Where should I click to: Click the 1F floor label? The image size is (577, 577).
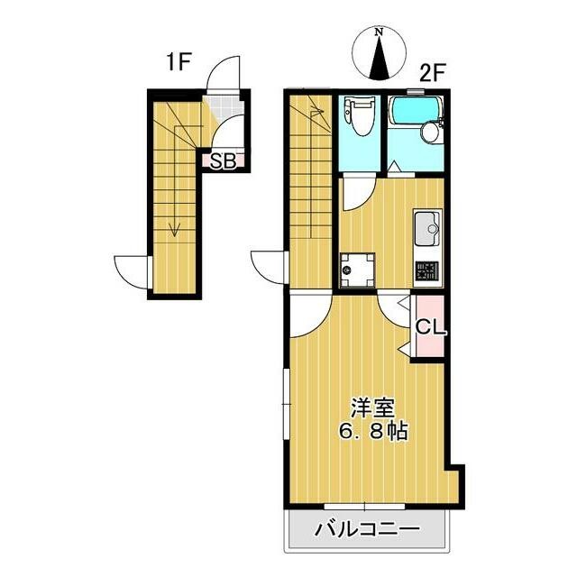click(x=178, y=62)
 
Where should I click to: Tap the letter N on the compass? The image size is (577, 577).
click(x=380, y=33)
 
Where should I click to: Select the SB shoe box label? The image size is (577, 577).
click(x=224, y=162)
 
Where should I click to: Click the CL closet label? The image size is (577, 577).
click(x=429, y=329)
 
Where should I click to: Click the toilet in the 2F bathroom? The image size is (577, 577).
click(x=360, y=118)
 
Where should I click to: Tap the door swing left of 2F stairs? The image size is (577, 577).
click(x=269, y=265)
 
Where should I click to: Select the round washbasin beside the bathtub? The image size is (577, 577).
click(x=430, y=133)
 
